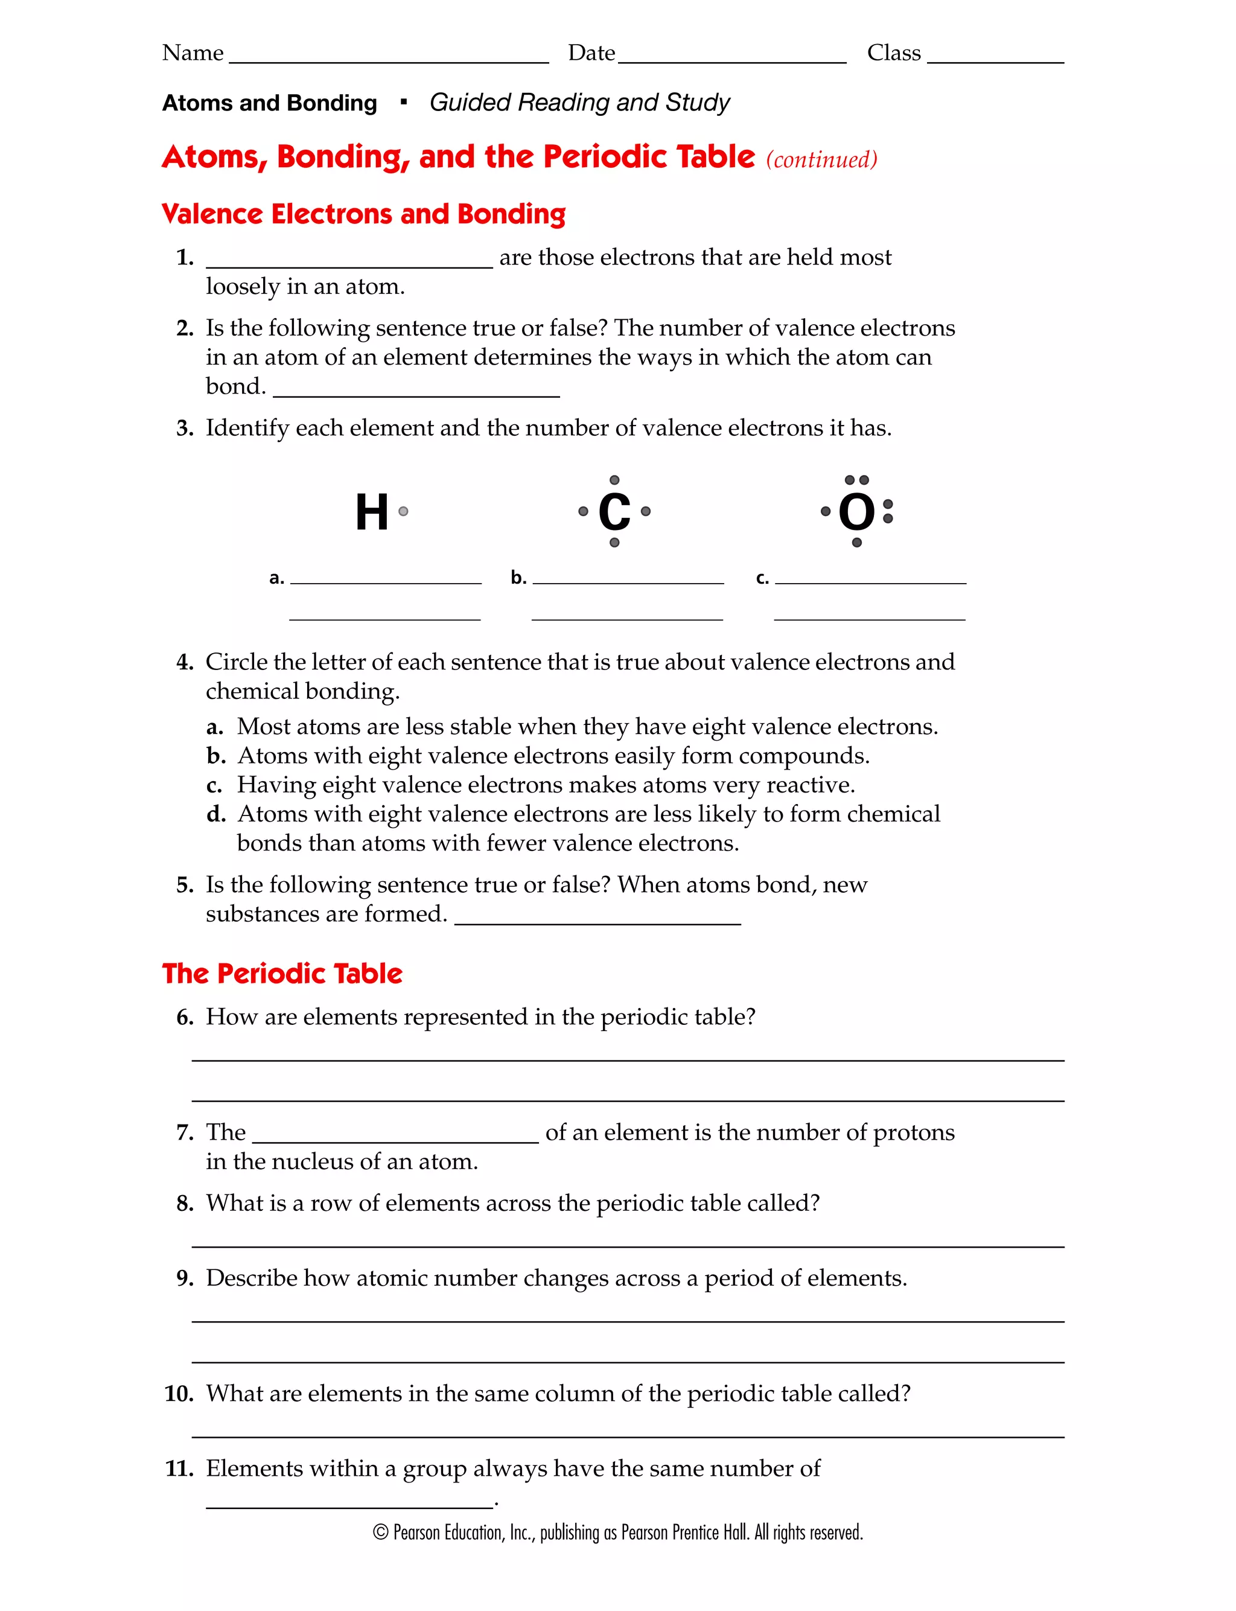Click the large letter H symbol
tap(372, 512)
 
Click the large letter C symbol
tap(614, 512)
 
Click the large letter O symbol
tap(856, 512)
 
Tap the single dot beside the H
tap(403, 511)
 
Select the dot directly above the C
tap(614, 480)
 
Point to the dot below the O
tap(856, 543)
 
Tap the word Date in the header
tap(591, 53)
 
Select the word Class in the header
tap(894, 53)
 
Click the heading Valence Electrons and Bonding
tap(363, 214)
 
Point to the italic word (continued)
tap(822, 159)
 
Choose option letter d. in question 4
tap(215, 814)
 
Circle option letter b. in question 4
tap(215, 756)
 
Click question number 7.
tap(185, 1133)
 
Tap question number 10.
tap(179, 1394)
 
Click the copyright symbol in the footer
tap(380, 1533)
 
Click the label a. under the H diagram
tap(276, 578)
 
